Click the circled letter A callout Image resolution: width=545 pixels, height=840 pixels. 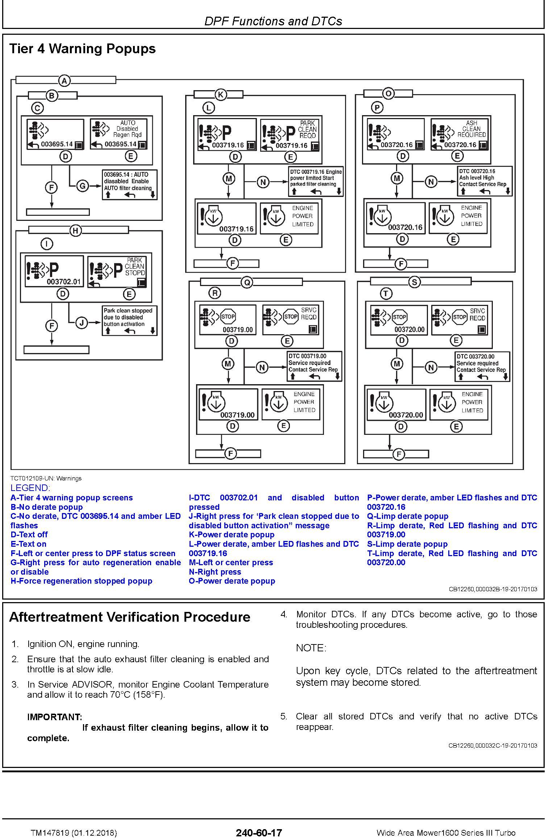coord(64,81)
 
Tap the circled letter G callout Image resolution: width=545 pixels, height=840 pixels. coord(83,186)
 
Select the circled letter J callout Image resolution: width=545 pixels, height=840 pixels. coord(82,323)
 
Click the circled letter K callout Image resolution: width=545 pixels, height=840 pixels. coord(220,95)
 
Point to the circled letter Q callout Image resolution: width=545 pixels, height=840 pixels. coord(247,282)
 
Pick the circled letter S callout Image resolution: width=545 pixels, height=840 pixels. coord(414,282)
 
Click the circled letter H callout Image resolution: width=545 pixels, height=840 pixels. coord(75,231)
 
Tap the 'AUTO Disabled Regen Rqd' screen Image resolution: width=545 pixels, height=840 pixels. coord(119,134)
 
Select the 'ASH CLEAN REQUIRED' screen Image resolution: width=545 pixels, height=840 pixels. coord(459,134)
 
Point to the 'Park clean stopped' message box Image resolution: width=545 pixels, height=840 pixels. coord(130,321)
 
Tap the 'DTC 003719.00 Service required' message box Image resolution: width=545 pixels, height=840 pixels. coord(314,366)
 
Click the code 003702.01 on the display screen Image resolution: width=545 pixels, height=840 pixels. coord(64,282)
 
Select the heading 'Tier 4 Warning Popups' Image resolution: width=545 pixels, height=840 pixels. coord(83,49)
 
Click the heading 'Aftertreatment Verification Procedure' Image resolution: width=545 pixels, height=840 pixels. coord(130,617)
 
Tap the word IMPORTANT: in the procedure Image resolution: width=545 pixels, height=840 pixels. coord(55,717)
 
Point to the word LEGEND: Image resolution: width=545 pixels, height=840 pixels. coord(30,488)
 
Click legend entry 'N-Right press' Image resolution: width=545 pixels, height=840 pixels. coord(215,572)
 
